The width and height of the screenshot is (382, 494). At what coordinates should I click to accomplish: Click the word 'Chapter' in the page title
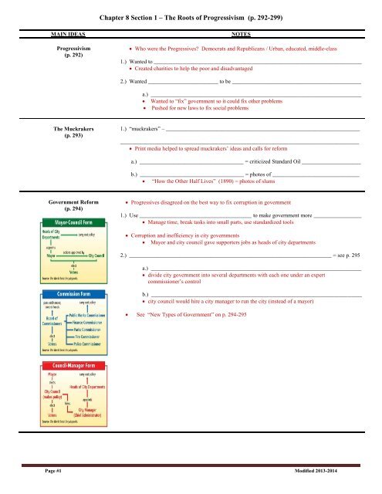click(x=117, y=9)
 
